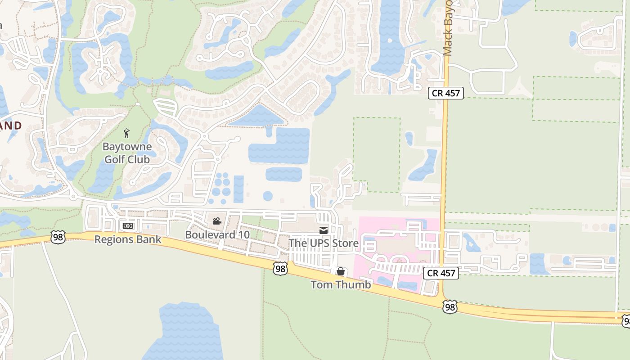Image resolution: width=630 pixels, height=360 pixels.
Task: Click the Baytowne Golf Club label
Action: point(127,153)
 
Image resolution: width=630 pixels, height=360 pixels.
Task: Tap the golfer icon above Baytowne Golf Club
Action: point(127,133)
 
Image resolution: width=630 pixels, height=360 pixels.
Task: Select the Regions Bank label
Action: point(128,239)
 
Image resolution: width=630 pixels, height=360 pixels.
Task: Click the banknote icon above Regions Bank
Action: point(128,225)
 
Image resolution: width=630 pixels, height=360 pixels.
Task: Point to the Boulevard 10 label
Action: point(211,235)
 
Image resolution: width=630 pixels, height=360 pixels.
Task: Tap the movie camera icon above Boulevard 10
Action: point(217,221)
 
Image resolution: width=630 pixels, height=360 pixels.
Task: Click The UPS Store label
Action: point(324,243)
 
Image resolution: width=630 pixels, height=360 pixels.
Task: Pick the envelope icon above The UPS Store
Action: point(324,230)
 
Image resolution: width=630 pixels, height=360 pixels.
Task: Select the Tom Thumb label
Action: point(341,284)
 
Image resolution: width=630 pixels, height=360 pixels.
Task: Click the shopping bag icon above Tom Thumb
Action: point(341,271)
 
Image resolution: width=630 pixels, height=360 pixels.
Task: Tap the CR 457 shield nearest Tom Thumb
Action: point(441,273)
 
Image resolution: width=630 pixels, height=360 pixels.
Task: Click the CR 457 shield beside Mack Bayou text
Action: point(445,93)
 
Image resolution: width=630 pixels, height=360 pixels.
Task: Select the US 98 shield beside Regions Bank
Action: point(58,238)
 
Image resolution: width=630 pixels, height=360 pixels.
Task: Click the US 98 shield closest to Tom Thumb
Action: point(280,269)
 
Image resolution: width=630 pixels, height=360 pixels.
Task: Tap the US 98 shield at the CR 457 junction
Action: point(450,307)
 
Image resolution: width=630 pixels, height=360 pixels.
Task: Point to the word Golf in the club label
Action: point(115,159)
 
